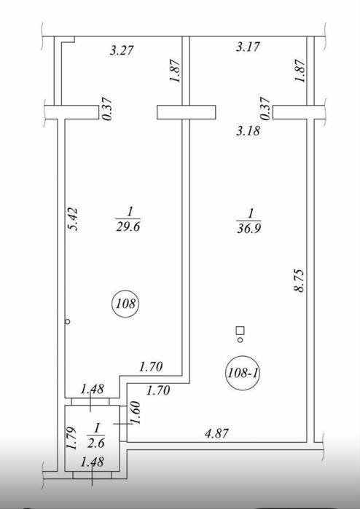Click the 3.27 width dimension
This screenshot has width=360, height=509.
[x=122, y=51]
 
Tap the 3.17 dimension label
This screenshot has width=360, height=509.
[x=248, y=47]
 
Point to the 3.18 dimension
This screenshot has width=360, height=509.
[x=249, y=131]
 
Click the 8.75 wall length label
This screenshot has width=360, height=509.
[x=299, y=280]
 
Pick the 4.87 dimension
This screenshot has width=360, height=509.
[x=216, y=433]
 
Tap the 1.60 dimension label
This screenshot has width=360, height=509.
[x=135, y=413]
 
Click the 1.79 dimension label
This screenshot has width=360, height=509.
[x=71, y=438]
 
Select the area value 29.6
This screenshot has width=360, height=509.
[x=128, y=226]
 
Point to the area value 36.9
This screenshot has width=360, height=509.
[x=249, y=228]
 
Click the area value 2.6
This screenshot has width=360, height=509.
[x=96, y=443]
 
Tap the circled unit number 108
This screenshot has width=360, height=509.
[x=125, y=304]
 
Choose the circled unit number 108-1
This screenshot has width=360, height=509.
[x=243, y=374]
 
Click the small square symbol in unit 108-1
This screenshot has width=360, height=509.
[x=240, y=331]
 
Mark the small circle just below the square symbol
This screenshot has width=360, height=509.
[x=240, y=340]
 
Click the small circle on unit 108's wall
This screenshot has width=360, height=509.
[x=68, y=322]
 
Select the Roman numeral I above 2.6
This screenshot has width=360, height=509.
[x=97, y=429]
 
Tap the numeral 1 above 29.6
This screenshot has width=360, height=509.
[x=130, y=213]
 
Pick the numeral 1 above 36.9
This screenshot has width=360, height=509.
[x=251, y=214]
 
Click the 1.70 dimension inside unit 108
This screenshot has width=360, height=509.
[x=151, y=367]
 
